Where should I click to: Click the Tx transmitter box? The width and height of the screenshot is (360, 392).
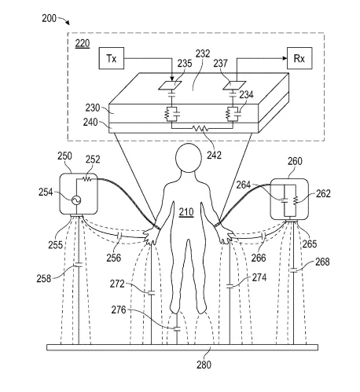(x=112, y=58)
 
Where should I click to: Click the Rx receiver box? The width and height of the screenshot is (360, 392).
(x=299, y=58)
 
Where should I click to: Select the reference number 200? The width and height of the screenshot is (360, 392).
(x=49, y=18)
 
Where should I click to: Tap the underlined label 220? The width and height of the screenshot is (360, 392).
(x=83, y=43)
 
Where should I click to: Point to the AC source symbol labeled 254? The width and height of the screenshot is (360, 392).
(x=76, y=200)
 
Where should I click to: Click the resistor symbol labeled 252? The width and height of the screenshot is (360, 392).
(x=86, y=179)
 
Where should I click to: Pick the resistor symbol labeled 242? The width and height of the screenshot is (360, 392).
(x=200, y=128)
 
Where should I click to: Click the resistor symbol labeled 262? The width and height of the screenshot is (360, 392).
(x=296, y=200)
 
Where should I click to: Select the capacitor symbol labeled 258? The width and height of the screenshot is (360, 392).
(x=79, y=266)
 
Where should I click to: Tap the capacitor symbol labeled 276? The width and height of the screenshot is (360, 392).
(x=177, y=329)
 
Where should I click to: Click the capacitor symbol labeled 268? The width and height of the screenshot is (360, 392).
(x=293, y=270)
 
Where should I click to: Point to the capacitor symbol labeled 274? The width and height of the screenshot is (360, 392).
(x=230, y=286)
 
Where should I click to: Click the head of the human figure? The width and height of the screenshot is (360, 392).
(x=189, y=158)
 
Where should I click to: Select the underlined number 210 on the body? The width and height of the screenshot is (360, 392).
(x=186, y=212)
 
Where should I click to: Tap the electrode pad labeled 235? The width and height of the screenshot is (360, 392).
(x=170, y=86)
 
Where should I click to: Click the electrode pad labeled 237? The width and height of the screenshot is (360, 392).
(x=234, y=86)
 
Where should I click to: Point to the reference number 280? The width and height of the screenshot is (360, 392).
(x=204, y=365)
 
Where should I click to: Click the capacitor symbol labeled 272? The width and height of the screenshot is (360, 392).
(x=151, y=293)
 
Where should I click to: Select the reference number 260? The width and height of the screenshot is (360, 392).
(x=295, y=161)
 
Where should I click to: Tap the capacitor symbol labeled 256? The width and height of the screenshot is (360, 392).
(x=119, y=236)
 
